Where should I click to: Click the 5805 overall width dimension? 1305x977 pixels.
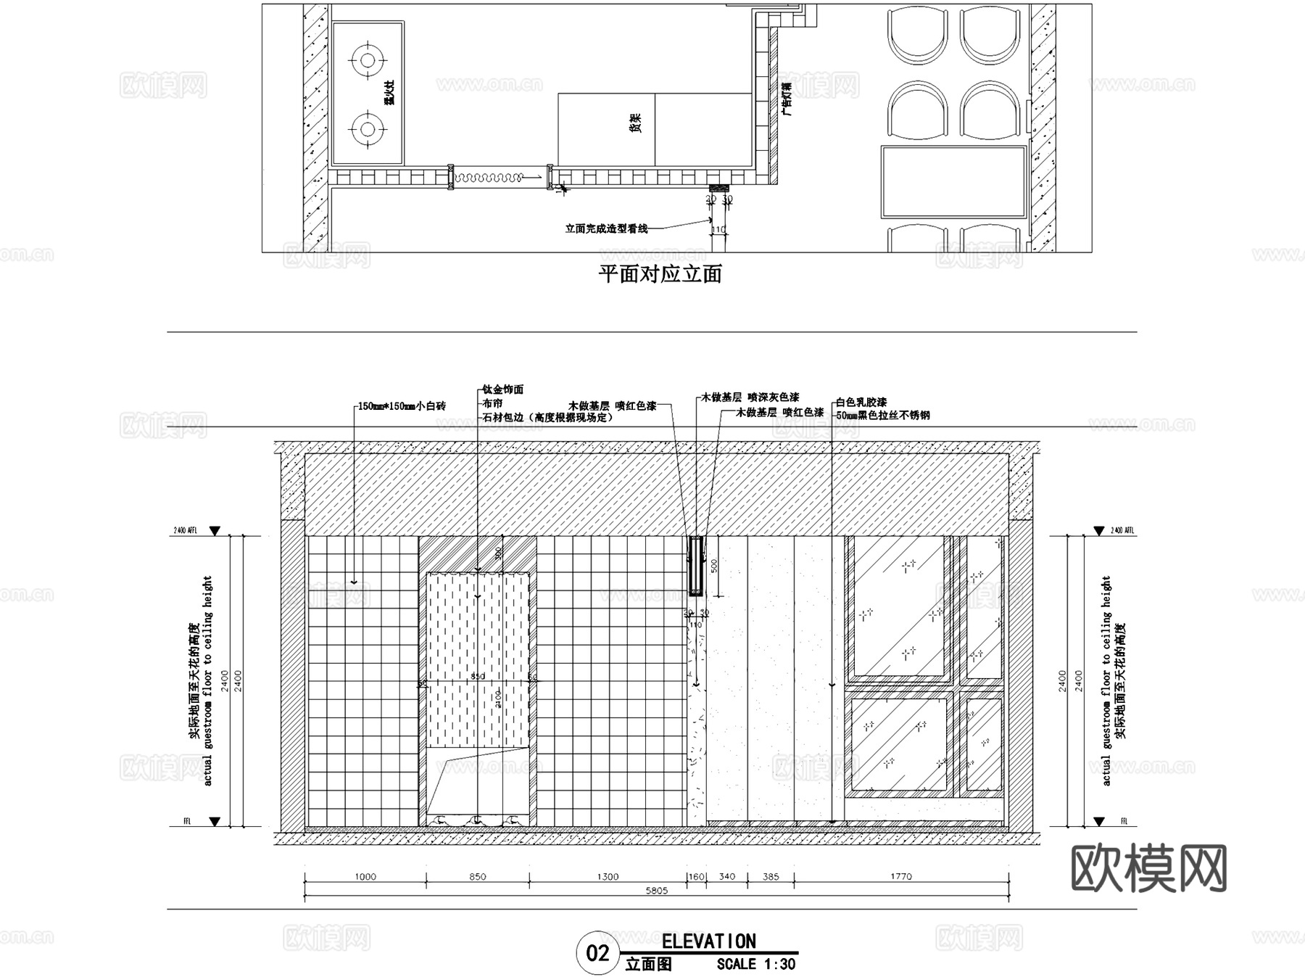656,891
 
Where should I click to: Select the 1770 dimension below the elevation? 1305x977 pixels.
900,876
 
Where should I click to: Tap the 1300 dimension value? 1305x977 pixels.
608,876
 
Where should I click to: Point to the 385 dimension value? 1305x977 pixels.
771,876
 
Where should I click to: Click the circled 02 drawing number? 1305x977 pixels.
597,952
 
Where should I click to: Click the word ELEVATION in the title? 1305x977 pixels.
708,941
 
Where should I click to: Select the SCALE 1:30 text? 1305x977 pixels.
755,965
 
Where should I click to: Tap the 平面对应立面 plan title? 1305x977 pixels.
660,274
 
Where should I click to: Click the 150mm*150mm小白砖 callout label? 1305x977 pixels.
402,406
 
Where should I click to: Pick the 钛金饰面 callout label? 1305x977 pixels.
502,389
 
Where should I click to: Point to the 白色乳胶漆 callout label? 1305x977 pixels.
861,402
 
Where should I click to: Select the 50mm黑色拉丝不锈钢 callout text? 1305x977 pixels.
882,416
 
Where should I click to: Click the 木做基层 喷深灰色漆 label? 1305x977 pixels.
750,397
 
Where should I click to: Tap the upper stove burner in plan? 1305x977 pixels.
368,59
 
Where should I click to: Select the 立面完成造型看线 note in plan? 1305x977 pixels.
606,228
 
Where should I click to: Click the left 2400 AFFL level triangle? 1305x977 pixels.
215,532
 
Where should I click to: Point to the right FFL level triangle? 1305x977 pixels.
1099,822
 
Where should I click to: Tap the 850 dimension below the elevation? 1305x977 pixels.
477,876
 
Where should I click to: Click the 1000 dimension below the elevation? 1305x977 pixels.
365,876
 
